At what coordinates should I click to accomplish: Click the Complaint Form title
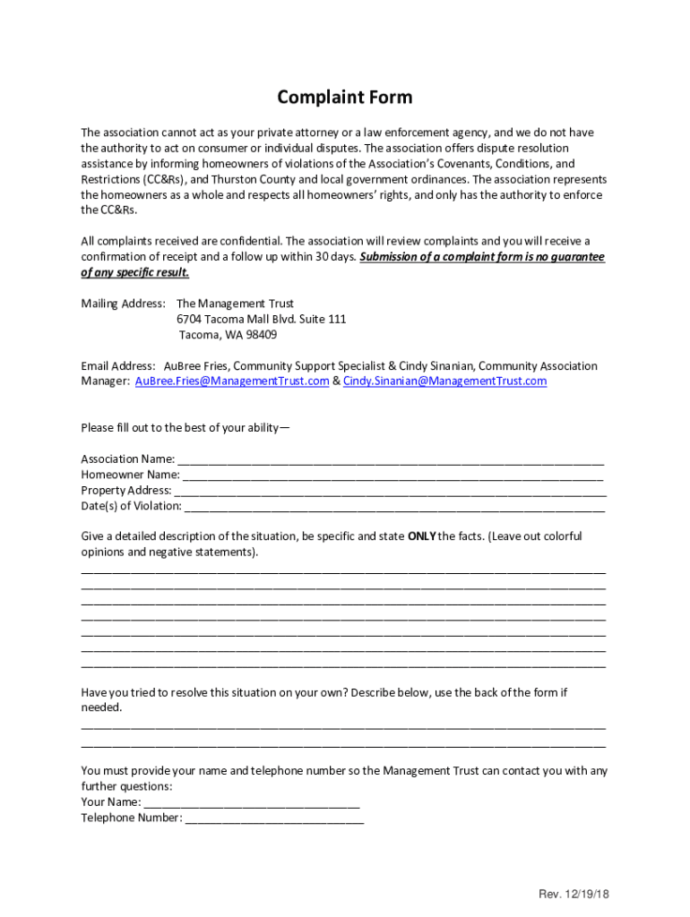click(x=344, y=98)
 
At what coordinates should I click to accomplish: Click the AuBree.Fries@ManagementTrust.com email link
click(x=232, y=381)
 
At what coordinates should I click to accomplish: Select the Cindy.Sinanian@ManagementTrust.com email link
click(x=444, y=381)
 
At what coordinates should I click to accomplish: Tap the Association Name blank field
click(x=391, y=459)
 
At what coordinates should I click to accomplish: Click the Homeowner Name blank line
click(x=392, y=476)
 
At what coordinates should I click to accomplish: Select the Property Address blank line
click(x=390, y=491)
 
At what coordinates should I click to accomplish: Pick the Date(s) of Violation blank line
click(x=394, y=507)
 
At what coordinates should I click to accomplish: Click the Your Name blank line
click(x=251, y=802)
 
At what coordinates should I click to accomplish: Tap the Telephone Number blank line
click(x=274, y=818)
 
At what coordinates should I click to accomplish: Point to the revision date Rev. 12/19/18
click(x=574, y=895)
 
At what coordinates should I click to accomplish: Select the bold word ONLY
click(x=421, y=536)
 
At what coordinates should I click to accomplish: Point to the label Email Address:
click(x=118, y=366)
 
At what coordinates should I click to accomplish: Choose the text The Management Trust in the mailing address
click(x=235, y=304)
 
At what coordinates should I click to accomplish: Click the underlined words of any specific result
click(x=134, y=272)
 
